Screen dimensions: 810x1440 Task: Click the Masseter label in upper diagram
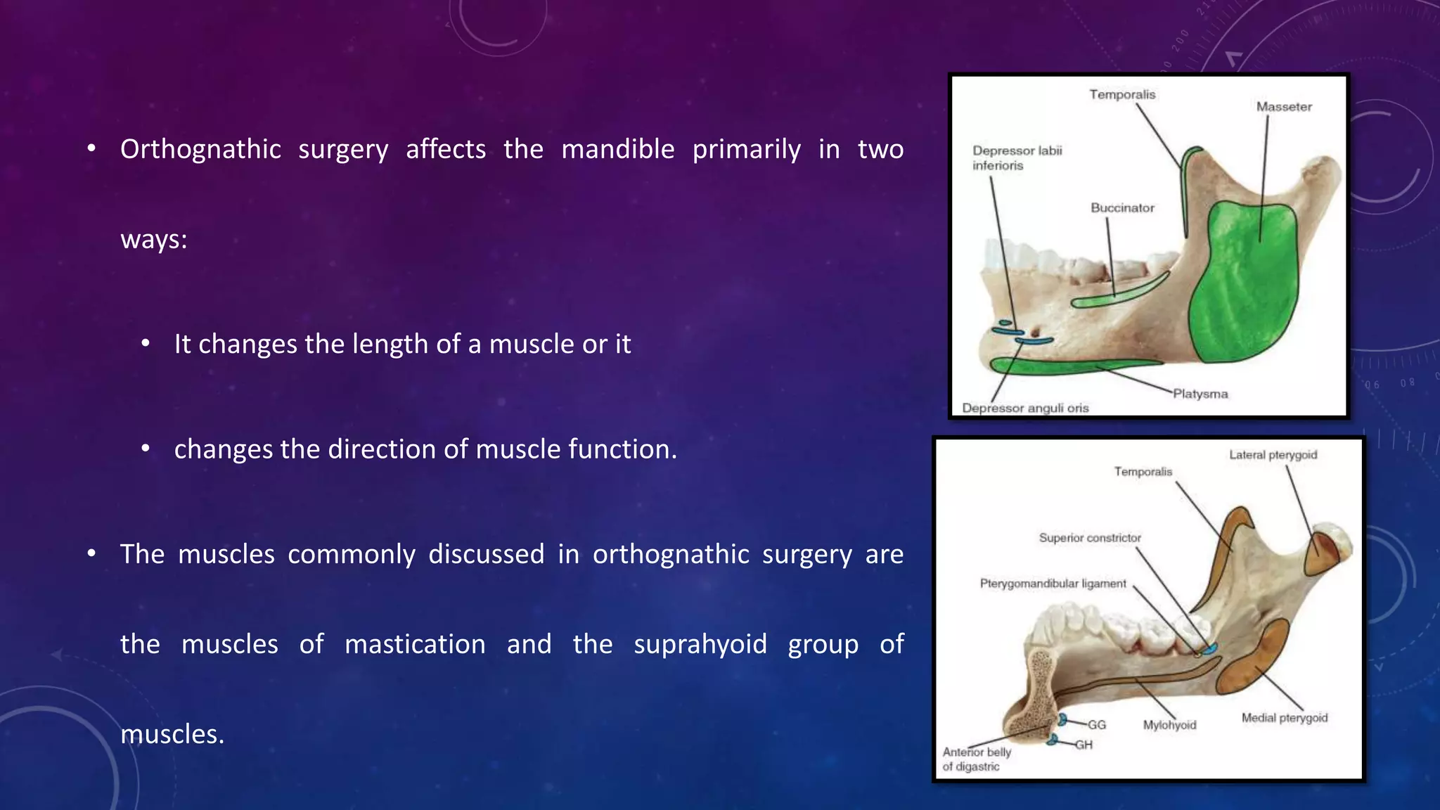(1284, 107)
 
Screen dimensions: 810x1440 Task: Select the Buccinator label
(1122, 208)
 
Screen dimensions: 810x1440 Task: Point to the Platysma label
(1200, 394)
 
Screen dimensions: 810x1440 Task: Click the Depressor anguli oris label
(1025, 408)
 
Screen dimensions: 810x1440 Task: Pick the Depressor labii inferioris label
(1017, 158)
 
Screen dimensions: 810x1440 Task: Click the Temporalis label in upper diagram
(1122, 94)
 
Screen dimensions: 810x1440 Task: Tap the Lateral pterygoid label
(1273, 455)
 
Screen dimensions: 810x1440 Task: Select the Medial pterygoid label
(1284, 718)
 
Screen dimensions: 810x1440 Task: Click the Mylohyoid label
(1169, 725)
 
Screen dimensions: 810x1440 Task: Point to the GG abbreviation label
(1097, 725)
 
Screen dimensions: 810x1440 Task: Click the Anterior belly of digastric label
(977, 759)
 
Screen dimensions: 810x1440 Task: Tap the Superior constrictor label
(1090, 538)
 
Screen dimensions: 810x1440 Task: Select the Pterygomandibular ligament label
(1053, 584)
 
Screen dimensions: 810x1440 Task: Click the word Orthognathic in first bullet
(200, 150)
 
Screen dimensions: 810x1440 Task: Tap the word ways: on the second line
(154, 240)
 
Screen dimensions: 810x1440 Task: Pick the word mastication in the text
(415, 645)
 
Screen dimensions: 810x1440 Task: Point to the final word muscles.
(172, 735)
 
